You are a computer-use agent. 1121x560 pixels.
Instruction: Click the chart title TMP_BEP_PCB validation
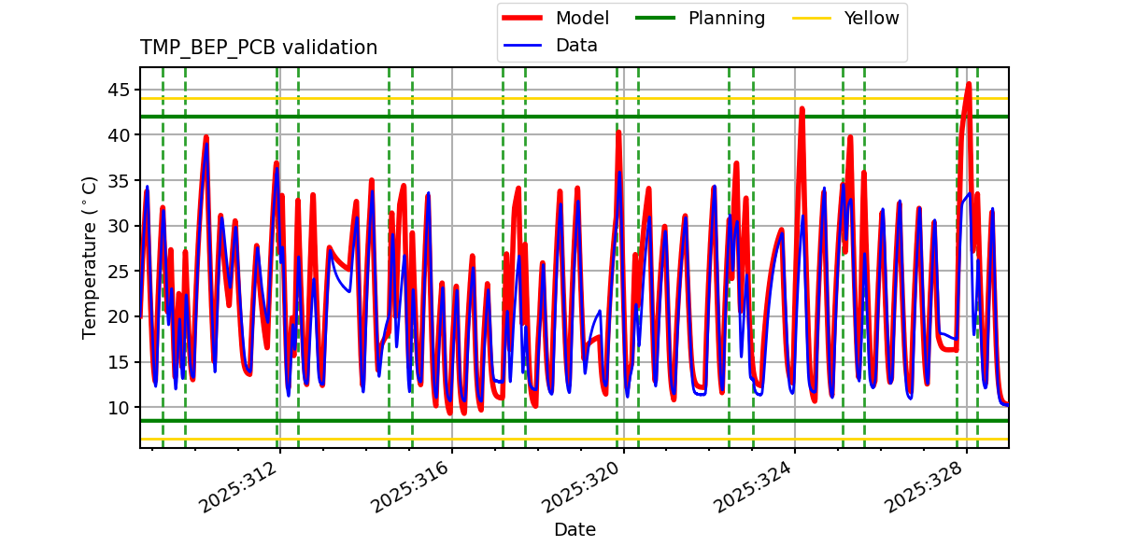coord(259,48)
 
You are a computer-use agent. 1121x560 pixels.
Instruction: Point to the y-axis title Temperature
coord(90,257)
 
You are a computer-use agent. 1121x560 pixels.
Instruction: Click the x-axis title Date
coord(575,530)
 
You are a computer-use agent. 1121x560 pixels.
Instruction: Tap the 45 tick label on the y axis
coord(119,90)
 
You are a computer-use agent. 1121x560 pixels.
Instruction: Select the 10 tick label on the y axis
coord(119,408)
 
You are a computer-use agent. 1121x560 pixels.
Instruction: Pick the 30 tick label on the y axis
coord(119,226)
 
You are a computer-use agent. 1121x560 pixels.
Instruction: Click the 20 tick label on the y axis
coord(119,316)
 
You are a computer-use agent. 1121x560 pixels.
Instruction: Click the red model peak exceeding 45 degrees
coord(969,84)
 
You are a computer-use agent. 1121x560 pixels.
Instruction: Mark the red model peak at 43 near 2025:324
coord(802,108)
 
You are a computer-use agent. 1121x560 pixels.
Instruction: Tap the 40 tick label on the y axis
coord(119,135)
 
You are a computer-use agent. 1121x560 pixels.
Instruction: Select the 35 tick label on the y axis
coord(119,180)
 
